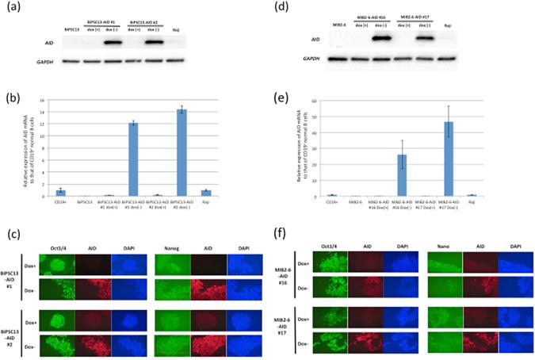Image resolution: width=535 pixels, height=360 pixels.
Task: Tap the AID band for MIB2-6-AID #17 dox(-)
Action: [429, 37]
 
